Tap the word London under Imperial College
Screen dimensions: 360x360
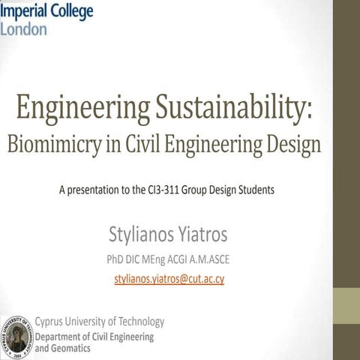[x=23, y=28]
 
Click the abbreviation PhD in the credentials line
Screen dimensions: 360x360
[x=120, y=260]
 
